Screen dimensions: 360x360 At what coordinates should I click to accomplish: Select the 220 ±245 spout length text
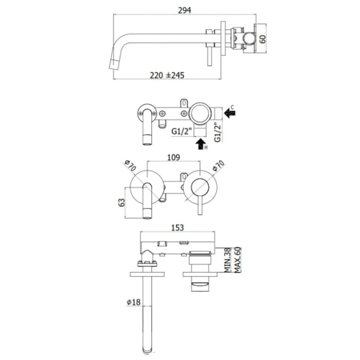pyautogui.click(x=167, y=75)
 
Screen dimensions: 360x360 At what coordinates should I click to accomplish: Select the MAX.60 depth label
pyautogui.click(x=238, y=260)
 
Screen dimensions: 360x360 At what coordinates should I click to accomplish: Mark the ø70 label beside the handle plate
pyautogui.click(x=219, y=166)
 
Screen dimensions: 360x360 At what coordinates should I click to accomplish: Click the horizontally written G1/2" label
pyautogui.click(x=182, y=132)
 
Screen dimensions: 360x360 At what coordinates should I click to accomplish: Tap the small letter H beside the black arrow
pyautogui.click(x=206, y=148)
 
